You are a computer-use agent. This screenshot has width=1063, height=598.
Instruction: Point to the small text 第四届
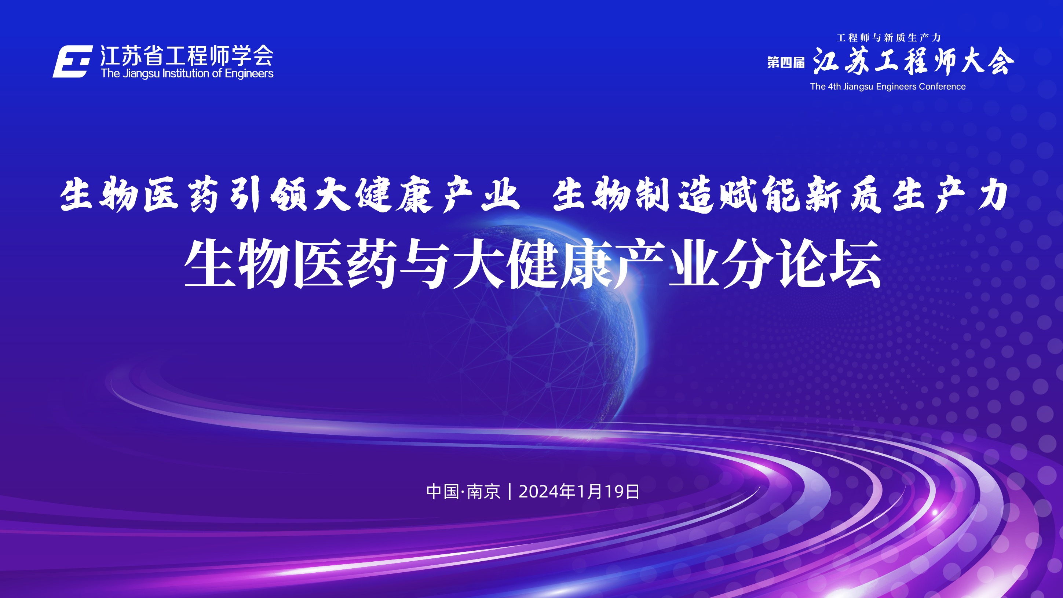pos(786,62)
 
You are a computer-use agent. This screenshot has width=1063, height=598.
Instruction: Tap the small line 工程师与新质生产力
pos(888,38)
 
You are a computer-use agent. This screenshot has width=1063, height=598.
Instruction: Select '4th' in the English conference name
pos(834,87)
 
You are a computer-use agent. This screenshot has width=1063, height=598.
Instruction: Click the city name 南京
pos(483,492)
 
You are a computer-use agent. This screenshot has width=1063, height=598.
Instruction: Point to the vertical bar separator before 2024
pos(510,492)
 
